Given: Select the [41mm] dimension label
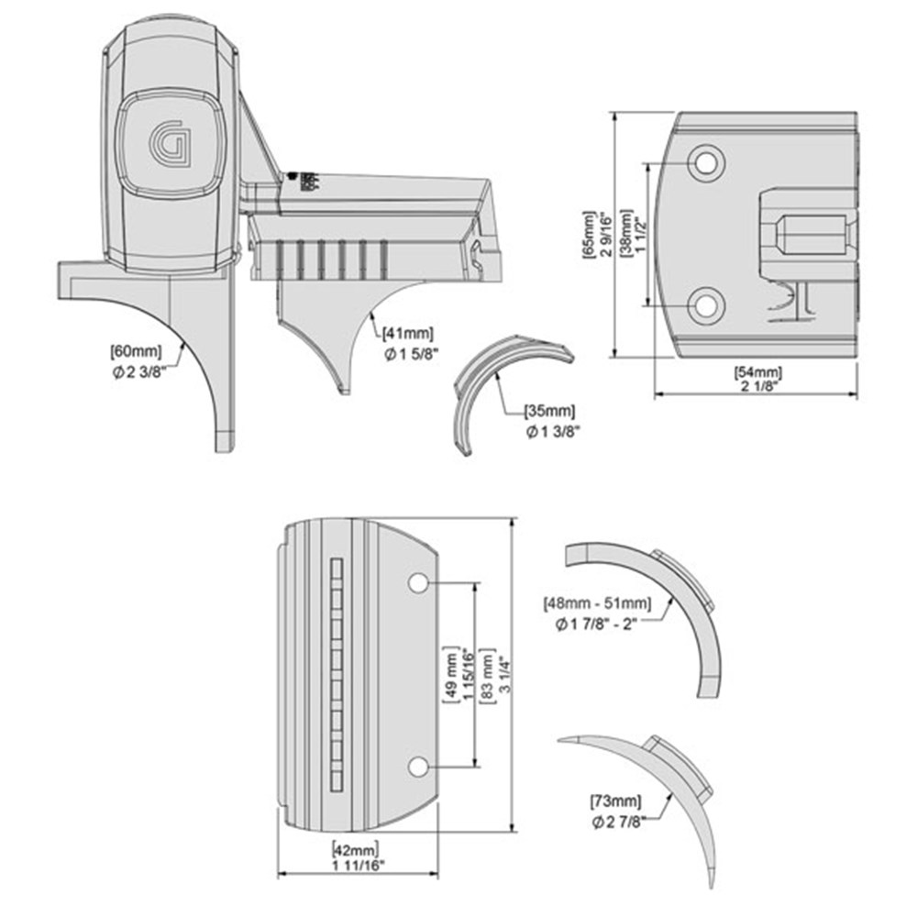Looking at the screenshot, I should point(408,333).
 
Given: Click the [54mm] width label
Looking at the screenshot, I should point(757,372).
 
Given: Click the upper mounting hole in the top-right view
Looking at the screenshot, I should point(705,163).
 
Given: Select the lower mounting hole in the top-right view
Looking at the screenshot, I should point(705,304).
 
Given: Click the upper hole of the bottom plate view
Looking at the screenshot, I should point(417,583).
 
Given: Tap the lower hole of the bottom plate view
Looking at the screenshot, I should point(417,767).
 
